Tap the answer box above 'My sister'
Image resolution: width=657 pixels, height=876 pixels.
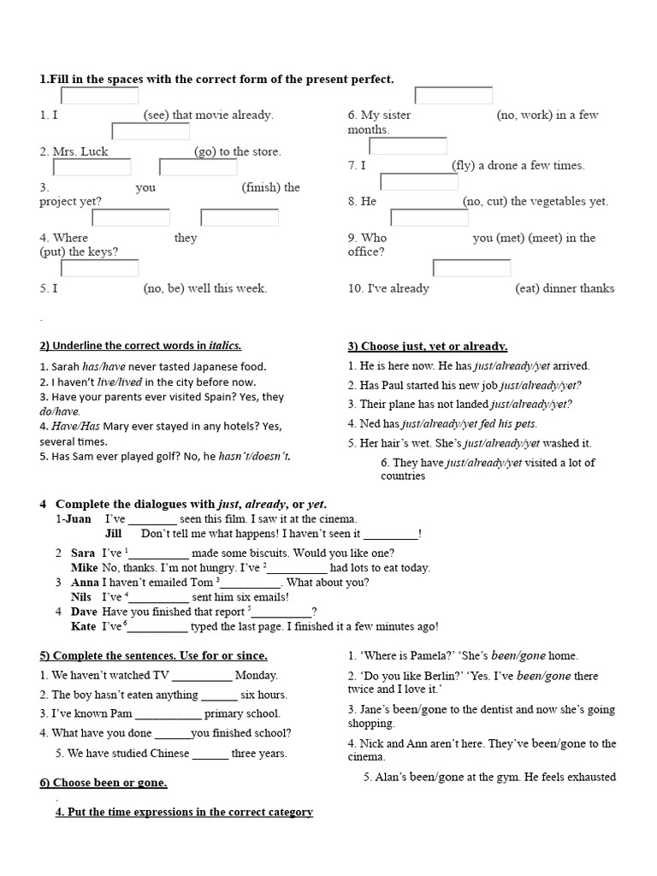click(x=453, y=95)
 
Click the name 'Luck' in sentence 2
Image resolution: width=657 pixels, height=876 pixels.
click(x=95, y=152)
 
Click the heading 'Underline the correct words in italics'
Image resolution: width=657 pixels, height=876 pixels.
click(x=140, y=346)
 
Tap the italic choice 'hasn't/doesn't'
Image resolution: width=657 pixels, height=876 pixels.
click(x=262, y=457)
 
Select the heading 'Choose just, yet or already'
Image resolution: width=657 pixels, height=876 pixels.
click(x=428, y=346)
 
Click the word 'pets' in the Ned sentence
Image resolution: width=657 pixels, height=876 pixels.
click(x=524, y=423)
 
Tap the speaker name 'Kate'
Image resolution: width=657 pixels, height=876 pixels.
click(x=84, y=627)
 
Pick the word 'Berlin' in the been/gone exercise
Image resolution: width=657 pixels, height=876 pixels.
click(x=434, y=676)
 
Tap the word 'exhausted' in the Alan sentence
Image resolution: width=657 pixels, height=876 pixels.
click(x=588, y=777)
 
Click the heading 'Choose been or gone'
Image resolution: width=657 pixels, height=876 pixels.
click(x=104, y=783)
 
